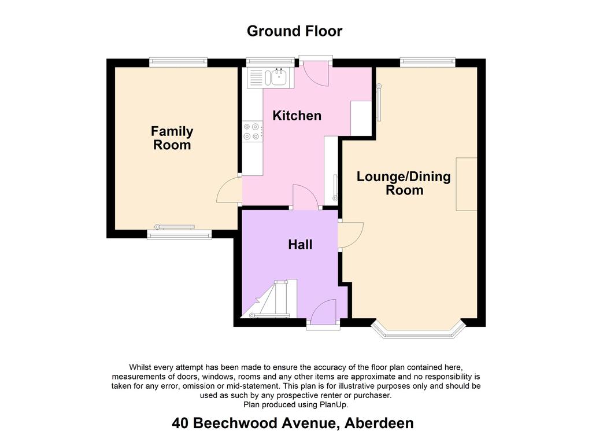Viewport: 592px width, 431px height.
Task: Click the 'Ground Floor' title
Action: click(294, 31)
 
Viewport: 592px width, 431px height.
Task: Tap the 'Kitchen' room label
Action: click(297, 116)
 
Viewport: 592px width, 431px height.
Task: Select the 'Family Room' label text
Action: click(172, 138)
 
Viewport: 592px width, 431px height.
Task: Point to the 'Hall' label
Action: click(300, 244)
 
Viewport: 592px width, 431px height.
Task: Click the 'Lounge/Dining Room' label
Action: click(404, 183)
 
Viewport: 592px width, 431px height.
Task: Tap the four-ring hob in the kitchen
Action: click(252, 131)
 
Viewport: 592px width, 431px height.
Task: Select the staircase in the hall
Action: click(269, 299)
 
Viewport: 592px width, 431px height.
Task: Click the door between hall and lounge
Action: click(350, 234)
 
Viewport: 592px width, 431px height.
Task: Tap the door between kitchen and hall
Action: click(305, 197)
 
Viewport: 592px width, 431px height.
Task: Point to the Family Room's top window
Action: click(178, 62)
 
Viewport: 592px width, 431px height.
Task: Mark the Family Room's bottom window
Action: click(179, 235)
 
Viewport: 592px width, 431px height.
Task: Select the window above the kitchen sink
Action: click(271, 62)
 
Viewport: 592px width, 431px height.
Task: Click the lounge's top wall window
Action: click(428, 62)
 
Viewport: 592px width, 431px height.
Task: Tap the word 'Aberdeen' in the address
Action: click(379, 423)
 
